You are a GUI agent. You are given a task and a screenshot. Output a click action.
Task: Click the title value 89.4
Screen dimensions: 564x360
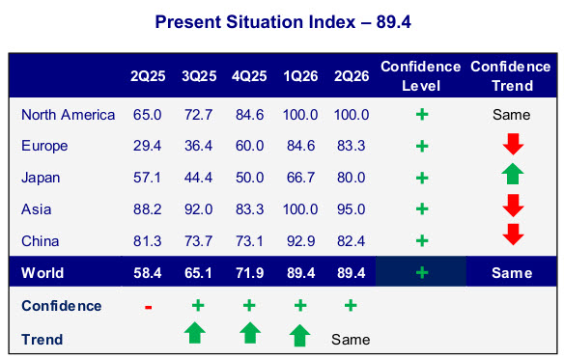pyautogui.click(x=393, y=22)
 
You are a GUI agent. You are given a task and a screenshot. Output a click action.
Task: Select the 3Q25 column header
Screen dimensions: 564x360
pyautogui.click(x=199, y=76)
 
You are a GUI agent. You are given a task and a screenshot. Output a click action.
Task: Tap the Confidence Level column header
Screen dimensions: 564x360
pyautogui.click(x=421, y=76)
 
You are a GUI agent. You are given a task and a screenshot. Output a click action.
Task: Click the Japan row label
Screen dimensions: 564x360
pyautogui.click(x=41, y=178)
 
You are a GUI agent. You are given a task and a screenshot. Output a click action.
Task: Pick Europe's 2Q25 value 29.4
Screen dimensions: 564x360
pyautogui.click(x=147, y=146)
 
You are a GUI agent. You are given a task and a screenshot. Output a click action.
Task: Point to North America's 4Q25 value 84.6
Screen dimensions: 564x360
pyautogui.click(x=249, y=115)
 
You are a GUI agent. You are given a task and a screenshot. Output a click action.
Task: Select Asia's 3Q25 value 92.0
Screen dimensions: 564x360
pyautogui.click(x=199, y=209)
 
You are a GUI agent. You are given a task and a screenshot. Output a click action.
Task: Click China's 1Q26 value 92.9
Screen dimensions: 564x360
pyautogui.click(x=300, y=241)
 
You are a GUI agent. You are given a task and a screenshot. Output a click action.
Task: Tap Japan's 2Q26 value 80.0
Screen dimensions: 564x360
pyautogui.click(x=352, y=178)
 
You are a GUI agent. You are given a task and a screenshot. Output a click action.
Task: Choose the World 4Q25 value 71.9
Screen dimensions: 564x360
pyautogui.click(x=249, y=273)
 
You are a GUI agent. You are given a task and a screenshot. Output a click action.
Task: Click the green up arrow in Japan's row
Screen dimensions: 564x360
pyautogui.click(x=513, y=174)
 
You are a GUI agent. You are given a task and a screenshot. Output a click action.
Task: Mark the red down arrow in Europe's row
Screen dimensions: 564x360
pyautogui.click(x=513, y=144)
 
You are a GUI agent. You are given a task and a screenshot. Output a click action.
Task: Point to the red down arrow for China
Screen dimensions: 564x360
pyautogui.click(x=513, y=235)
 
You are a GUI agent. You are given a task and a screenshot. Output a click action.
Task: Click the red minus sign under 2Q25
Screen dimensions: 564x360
pyautogui.click(x=148, y=307)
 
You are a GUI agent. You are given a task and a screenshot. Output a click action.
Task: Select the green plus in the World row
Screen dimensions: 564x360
pyautogui.click(x=422, y=272)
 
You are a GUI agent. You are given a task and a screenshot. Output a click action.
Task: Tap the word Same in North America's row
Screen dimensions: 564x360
pyautogui.click(x=512, y=115)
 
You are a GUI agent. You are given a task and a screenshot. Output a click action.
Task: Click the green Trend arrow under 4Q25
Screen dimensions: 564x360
pyautogui.click(x=250, y=333)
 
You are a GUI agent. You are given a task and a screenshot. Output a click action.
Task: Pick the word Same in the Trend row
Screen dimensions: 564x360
pyautogui.click(x=351, y=340)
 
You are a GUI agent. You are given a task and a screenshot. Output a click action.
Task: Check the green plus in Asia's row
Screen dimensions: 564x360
pyautogui.click(x=422, y=208)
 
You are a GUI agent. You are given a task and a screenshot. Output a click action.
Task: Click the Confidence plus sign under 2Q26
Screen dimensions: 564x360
pyautogui.click(x=351, y=305)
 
